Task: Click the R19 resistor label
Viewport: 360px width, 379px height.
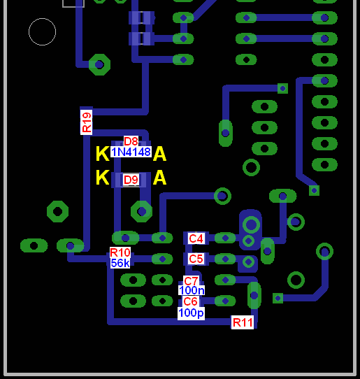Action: [x=86, y=122]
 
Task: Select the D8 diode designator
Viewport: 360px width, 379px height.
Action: [x=131, y=141]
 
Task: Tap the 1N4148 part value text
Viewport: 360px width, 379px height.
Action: [x=131, y=152]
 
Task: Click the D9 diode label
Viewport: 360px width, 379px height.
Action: [x=131, y=180]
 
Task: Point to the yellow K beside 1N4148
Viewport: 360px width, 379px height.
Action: [x=103, y=153]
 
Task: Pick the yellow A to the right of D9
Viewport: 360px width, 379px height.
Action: [x=159, y=178]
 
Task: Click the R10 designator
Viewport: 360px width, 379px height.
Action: [x=120, y=252]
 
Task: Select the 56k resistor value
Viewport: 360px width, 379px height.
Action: [x=120, y=263]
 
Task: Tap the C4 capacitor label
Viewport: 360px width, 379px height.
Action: [x=196, y=238]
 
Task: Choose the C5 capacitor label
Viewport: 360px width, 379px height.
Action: [x=196, y=259]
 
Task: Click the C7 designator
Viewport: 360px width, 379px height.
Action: [x=191, y=281]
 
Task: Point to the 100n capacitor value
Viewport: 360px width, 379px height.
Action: [x=192, y=290]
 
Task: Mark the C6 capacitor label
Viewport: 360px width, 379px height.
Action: [x=191, y=301]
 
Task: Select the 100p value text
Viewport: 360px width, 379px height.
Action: [x=191, y=313]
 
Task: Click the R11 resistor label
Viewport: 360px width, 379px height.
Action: [x=243, y=322]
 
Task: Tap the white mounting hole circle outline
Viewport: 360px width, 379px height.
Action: [x=42, y=18]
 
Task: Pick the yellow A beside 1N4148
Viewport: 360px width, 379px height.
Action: [x=159, y=153]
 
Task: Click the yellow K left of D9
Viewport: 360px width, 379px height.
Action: [x=103, y=178]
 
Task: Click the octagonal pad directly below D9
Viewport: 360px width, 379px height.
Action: [x=142, y=211]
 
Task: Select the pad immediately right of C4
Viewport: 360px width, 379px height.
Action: [x=225, y=238]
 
